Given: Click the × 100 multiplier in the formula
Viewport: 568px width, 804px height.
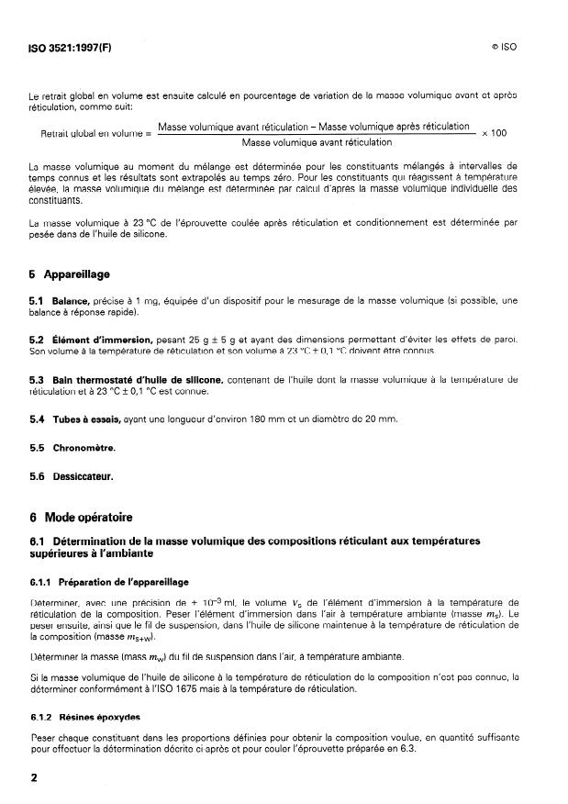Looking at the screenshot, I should [494, 133].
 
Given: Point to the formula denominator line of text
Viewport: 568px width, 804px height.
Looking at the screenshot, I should [316, 142].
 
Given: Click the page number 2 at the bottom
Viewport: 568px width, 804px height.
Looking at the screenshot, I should [34, 776].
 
